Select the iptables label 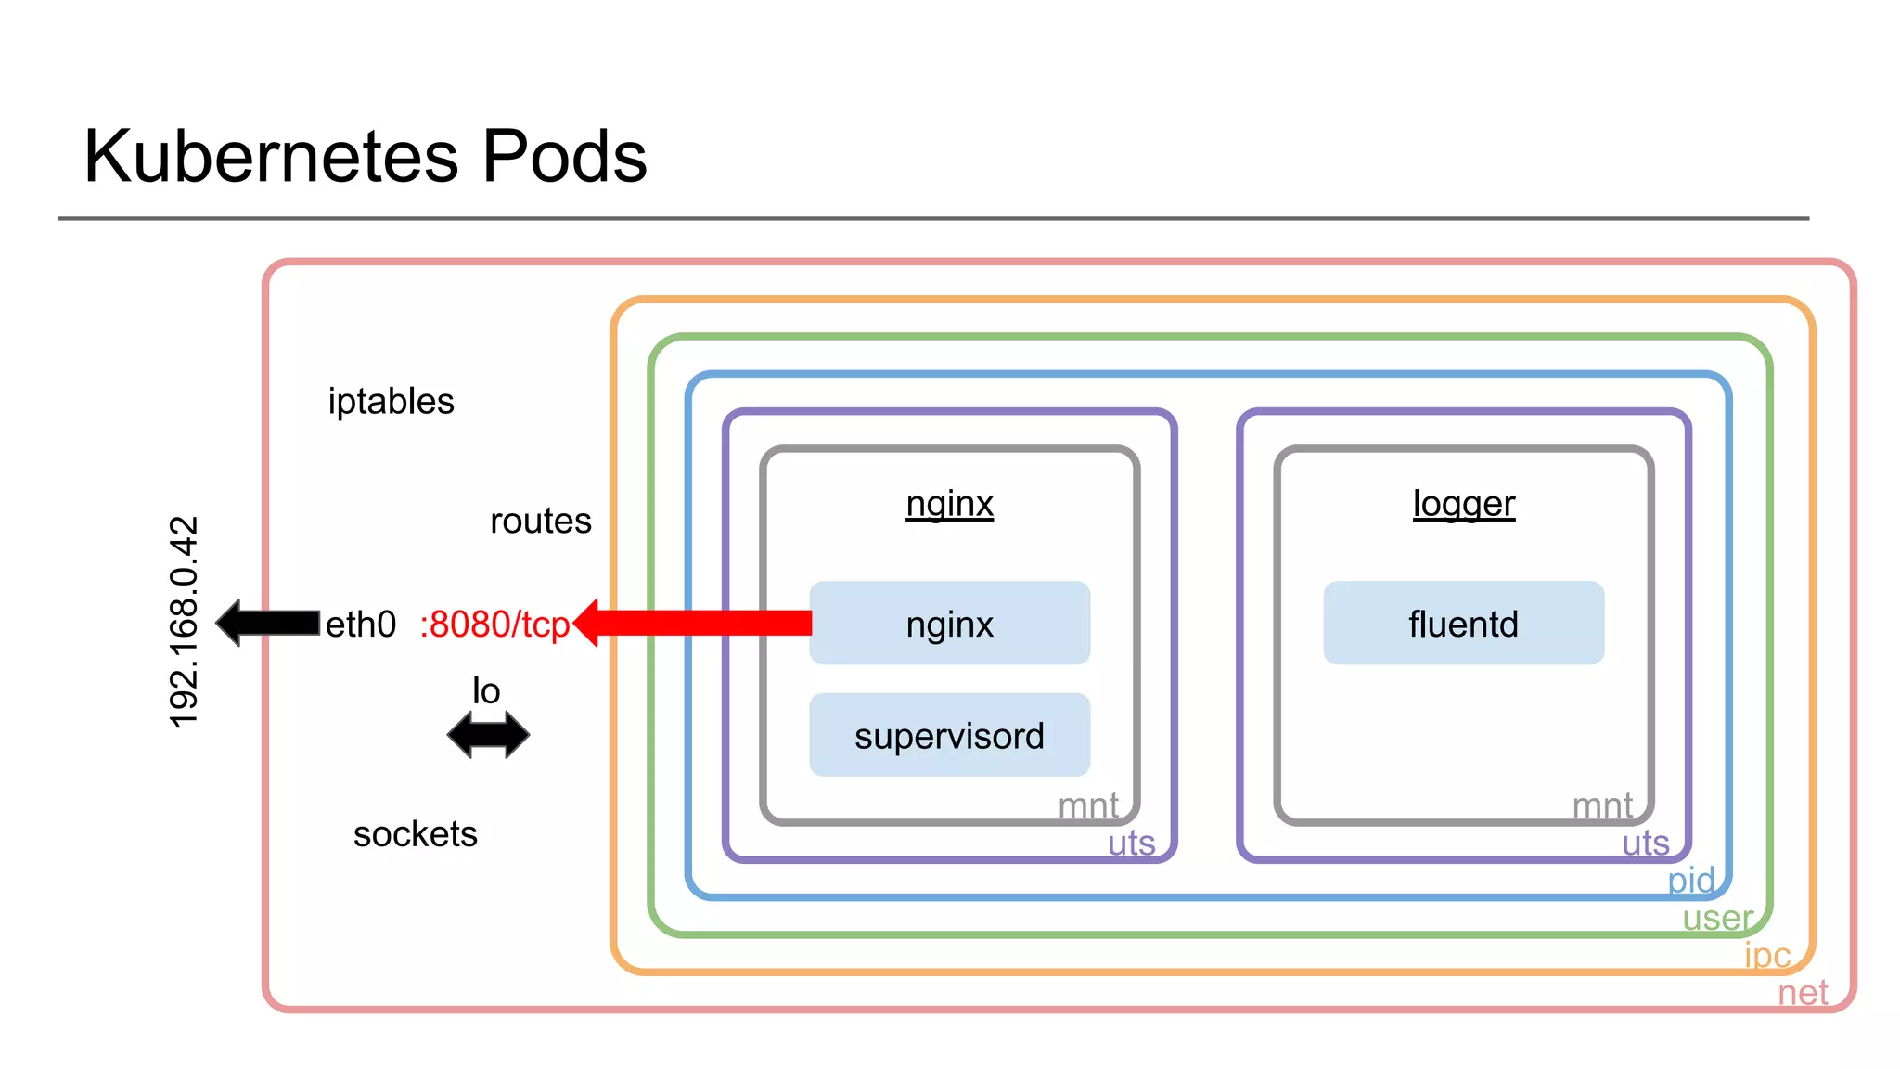[391, 402]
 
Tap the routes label [540, 521]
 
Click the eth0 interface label [360, 625]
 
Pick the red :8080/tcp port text [494, 625]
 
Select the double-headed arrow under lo [488, 735]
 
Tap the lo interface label [486, 691]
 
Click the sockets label [415, 834]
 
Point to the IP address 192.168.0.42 [184, 622]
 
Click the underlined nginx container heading [949, 504]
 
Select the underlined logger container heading [1463, 504]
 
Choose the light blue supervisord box [949, 735]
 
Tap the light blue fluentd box [1463, 624]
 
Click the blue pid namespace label [1691, 880]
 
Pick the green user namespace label [1717, 918]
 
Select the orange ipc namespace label [1767, 955]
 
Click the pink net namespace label [1802, 993]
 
